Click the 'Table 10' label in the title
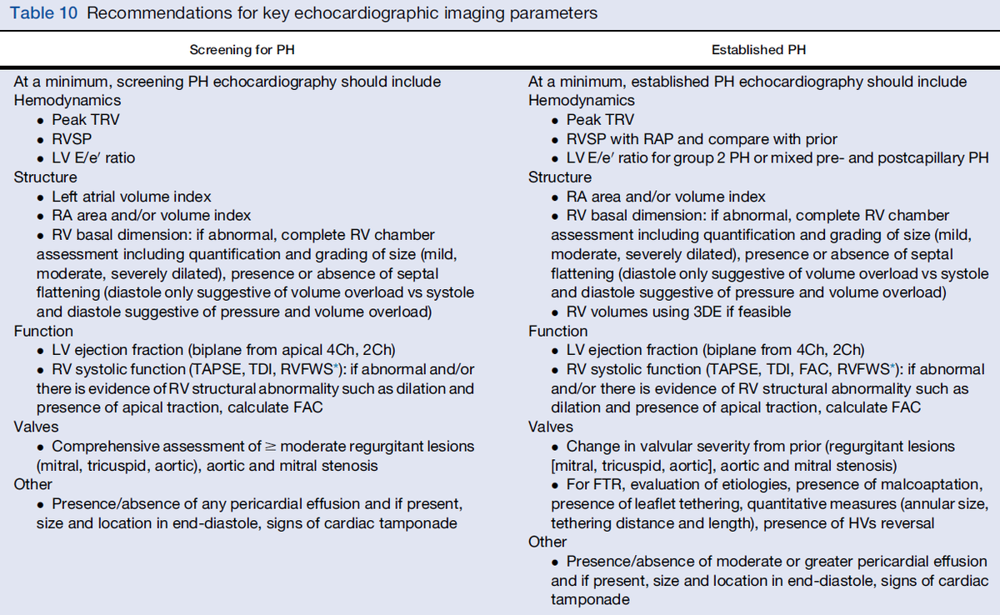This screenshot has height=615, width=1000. pyautogui.click(x=42, y=14)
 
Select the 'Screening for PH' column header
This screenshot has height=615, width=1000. pyautogui.click(x=242, y=50)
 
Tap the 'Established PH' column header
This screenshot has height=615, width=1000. pyautogui.click(x=758, y=50)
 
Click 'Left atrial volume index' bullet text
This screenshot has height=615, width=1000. pyautogui.click(x=132, y=197)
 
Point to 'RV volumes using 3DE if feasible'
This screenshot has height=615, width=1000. pyautogui.click(x=678, y=312)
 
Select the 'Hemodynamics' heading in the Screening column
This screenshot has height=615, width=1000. pyautogui.click(x=56, y=101)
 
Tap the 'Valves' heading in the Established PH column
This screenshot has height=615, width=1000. pyautogui.click(x=550, y=427)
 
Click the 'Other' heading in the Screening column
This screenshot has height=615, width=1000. pyautogui.click(x=33, y=484)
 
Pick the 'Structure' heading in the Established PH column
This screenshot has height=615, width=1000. pyautogui.click(x=560, y=177)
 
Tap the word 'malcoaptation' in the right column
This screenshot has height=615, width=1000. pyautogui.click(x=937, y=485)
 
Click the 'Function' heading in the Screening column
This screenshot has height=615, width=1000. pyautogui.click(x=43, y=331)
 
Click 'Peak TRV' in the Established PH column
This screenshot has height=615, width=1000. pyautogui.click(x=600, y=120)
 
